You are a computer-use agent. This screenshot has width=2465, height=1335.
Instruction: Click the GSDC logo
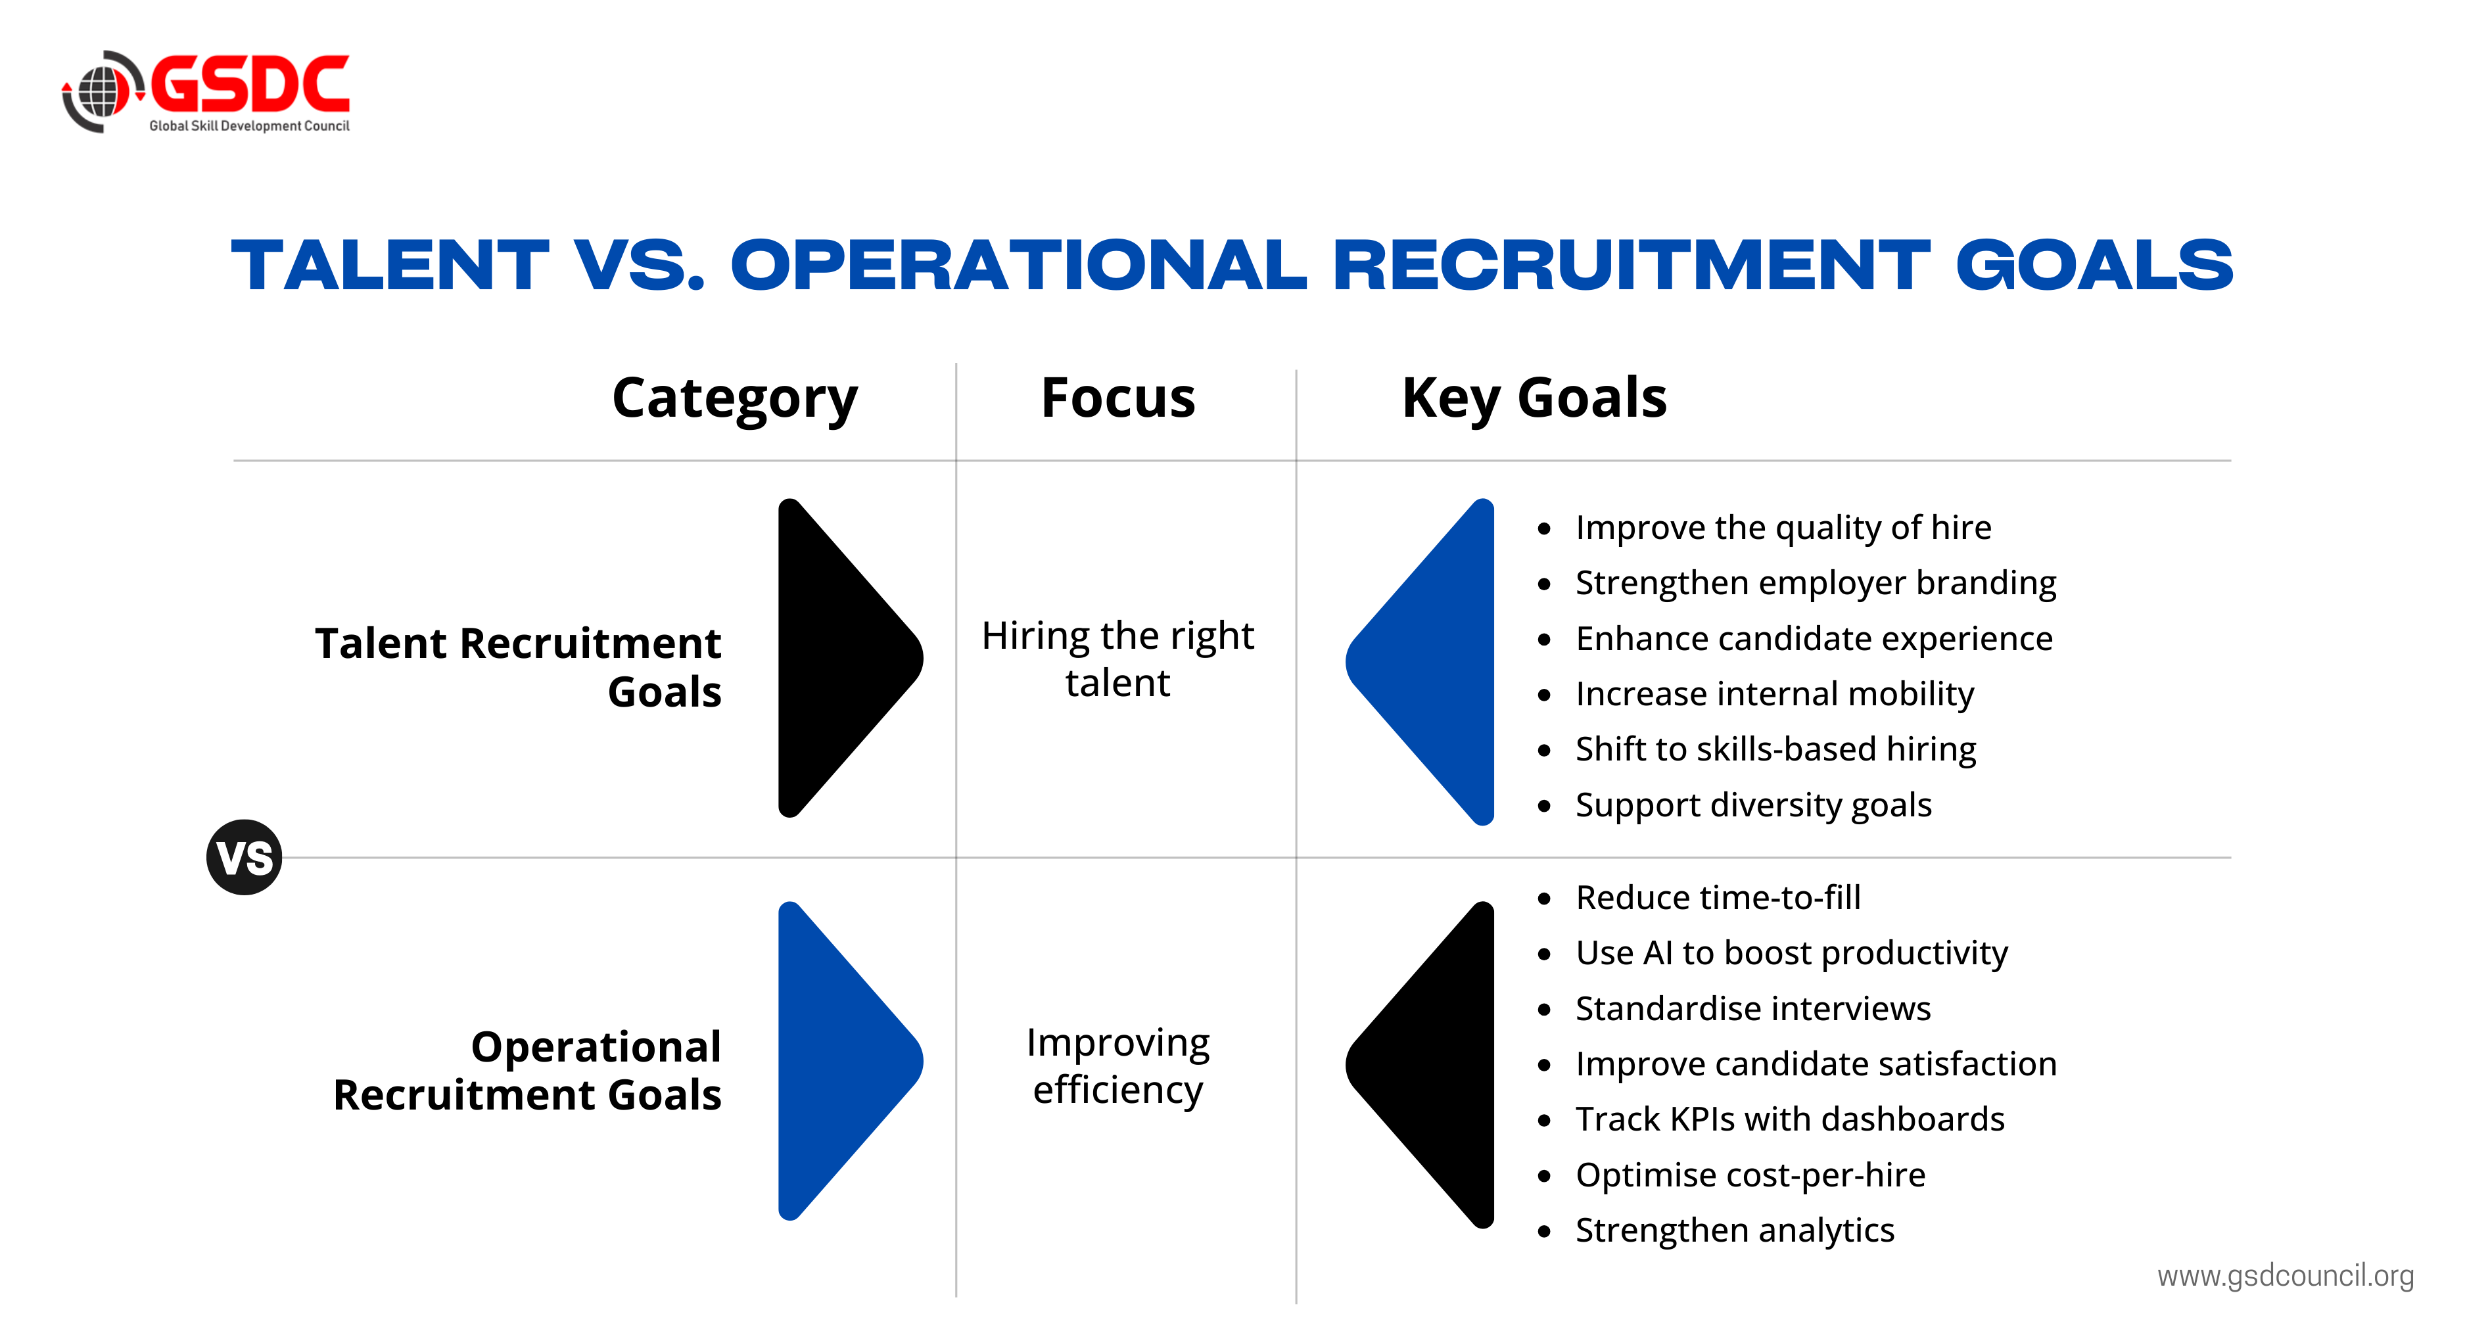point(206,92)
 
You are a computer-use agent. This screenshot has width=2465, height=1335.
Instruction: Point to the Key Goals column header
point(1534,399)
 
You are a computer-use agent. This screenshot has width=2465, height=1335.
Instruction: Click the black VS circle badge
point(244,857)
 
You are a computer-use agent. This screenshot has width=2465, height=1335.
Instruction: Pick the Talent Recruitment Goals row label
point(518,667)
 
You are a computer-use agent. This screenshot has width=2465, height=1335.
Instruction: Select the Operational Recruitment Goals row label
point(527,1071)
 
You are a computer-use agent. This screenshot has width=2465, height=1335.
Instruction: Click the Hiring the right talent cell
point(1117,659)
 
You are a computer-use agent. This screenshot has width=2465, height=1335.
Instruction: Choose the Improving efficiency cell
point(1117,1066)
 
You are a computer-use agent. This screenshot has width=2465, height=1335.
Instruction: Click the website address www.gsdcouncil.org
point(2285,1276)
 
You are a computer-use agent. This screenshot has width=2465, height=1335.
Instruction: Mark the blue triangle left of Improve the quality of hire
point(1420,661)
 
